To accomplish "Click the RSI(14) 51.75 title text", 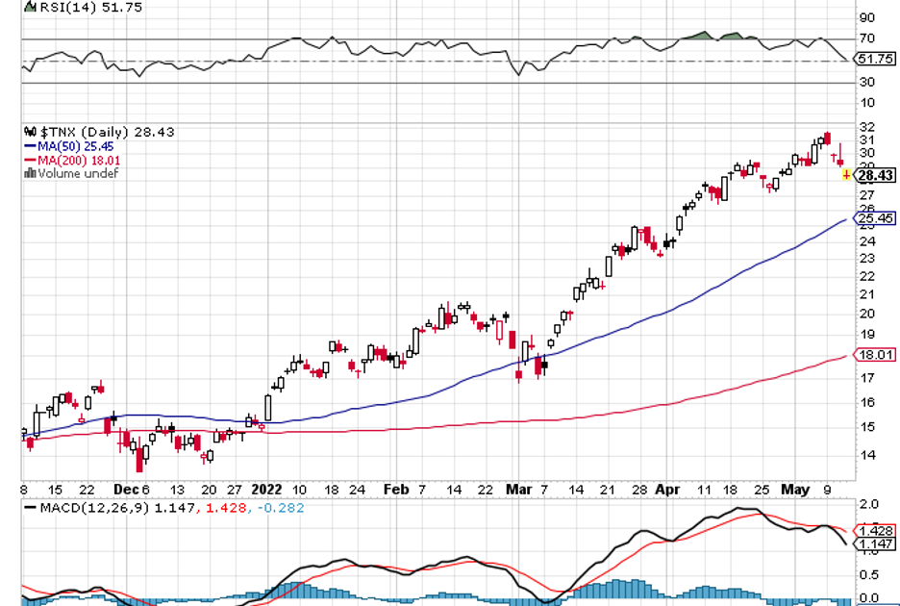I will pyautogui.click(x=71, y=7).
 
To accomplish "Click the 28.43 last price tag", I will pyautogui.click(x=874, y=175).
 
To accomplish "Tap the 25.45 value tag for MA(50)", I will pyautogui.click(x=874, y=218).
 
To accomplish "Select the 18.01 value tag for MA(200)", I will pyautogui.click(x=874, y=355).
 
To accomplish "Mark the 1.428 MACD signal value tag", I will pyautogui.click(x=874, y=530).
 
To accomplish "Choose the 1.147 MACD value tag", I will pyautogui.click(x=874, y=544).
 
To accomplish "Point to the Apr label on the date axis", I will pyautogui.click(x=667, y=489).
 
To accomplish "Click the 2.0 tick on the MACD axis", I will pyautogui.click(x=868, y=504).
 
